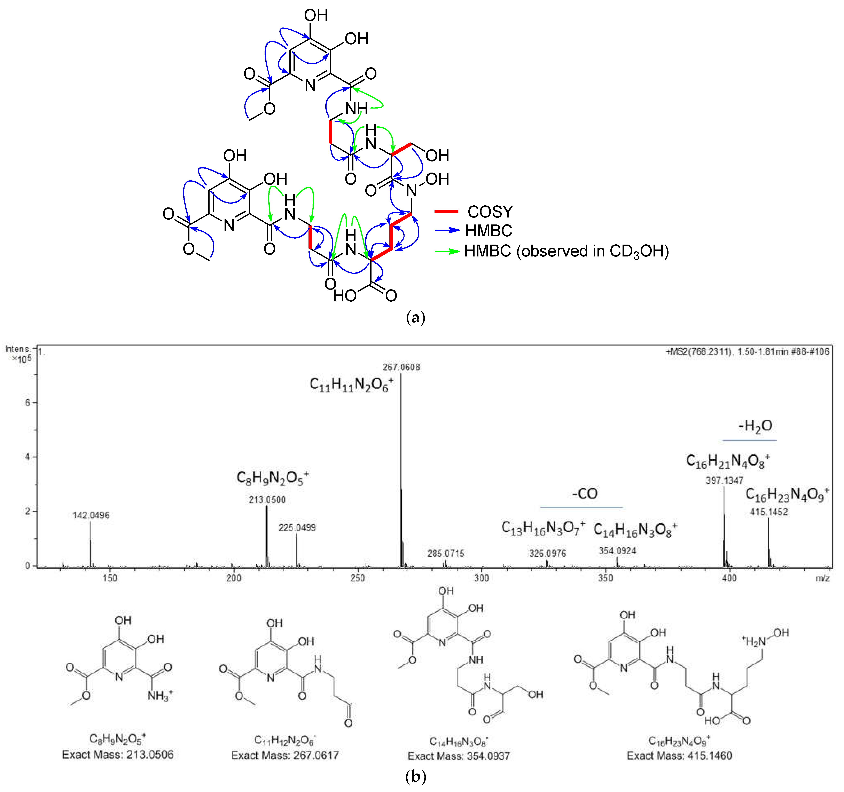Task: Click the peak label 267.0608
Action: pyautogui.click(x=401, y=367)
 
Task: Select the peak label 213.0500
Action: pyautogui.click(x=267, y=500)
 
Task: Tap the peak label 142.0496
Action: pyautogui.click(x=91, y=515)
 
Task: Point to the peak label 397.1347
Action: pyautogui.click(x=724, y=481)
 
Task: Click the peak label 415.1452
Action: pyautogui.click(x=768, y=512)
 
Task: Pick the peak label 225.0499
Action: pyautogui.click(x=297, y=528)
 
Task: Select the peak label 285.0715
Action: pyautogui.click(x=446, y=553)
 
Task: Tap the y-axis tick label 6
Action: pyautogui.click(x=28, y=402)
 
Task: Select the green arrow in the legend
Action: pyautogui.click(x=447, y=251)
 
